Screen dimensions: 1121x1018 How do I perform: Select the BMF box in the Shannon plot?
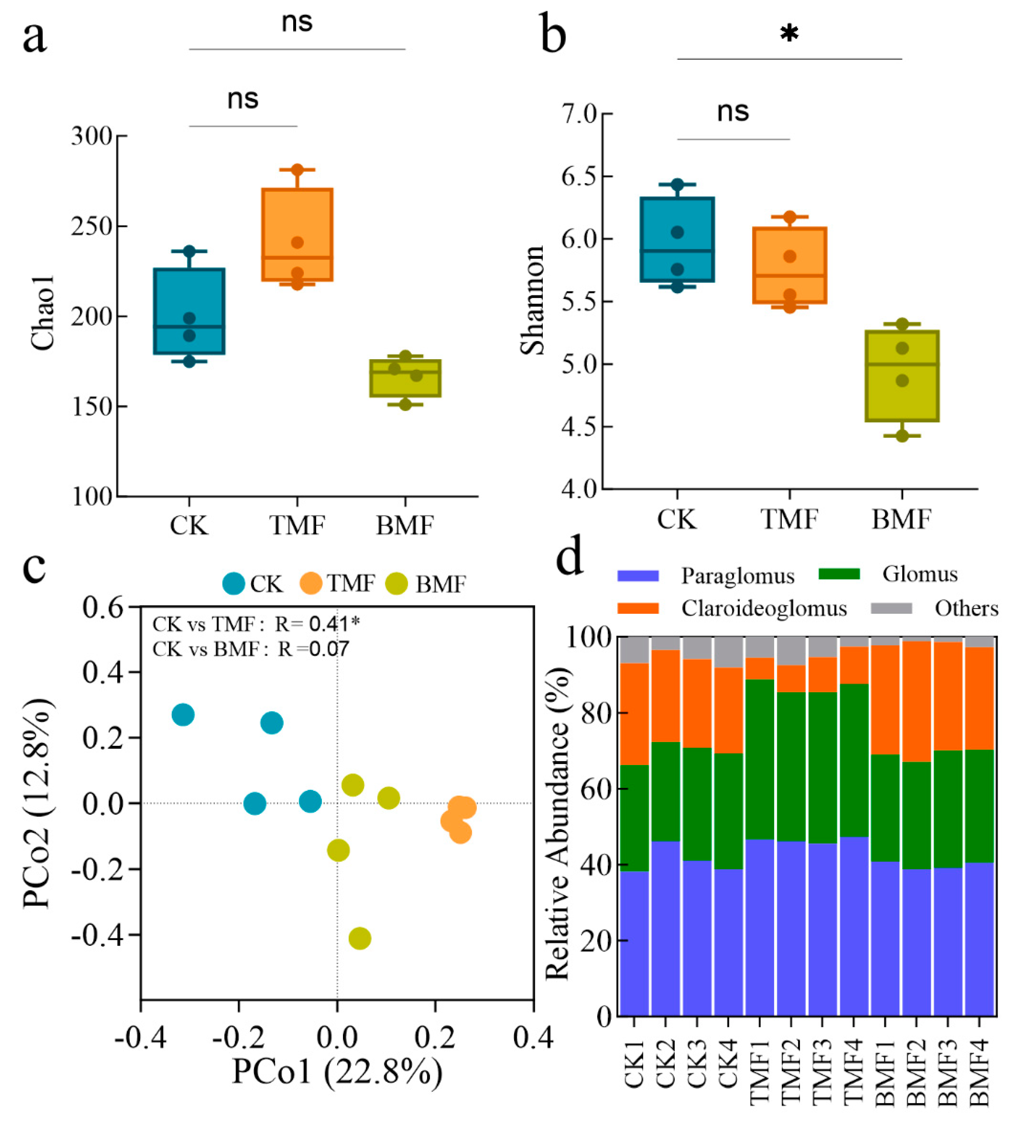click(902, 376)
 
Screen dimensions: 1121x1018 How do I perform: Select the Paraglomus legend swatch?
click(638, 575)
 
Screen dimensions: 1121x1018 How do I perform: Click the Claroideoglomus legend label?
click(764, 608)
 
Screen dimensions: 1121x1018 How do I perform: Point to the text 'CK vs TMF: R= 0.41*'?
click(256, 624)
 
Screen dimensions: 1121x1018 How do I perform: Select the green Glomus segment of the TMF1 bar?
click(759, 759)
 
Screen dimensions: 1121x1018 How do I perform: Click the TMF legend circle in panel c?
click(310, 584)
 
